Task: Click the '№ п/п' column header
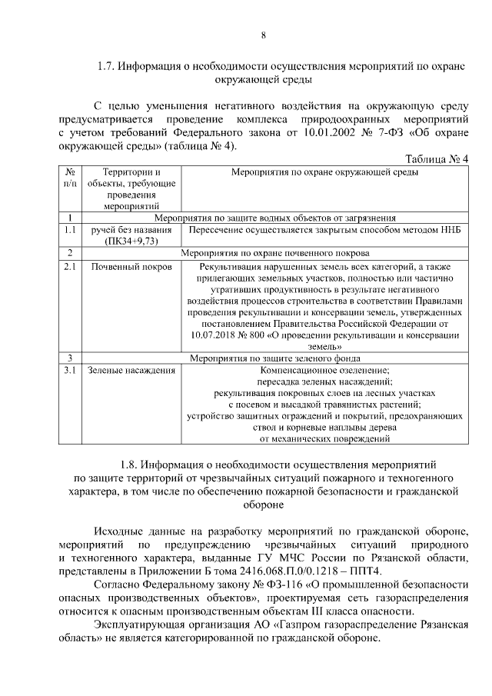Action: click(70, 178)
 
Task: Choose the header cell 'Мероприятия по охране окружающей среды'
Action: click(324, 172)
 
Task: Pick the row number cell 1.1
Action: click(70, 229)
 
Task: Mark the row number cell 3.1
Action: click(70, 371)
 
